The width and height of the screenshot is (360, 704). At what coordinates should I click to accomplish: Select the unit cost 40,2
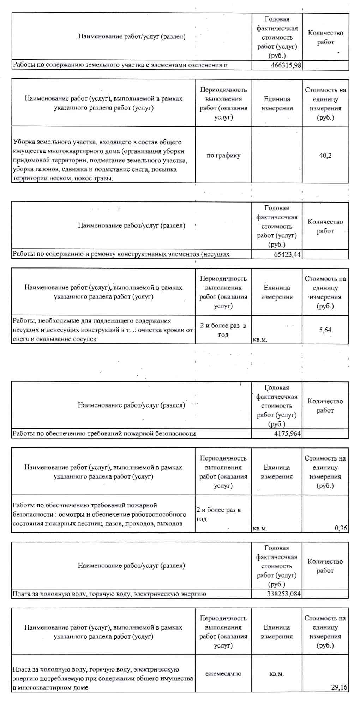tap(325, 155)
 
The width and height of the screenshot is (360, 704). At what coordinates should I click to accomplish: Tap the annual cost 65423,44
tap(287, 254)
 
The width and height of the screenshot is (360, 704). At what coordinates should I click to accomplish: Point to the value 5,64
tap(325, 330)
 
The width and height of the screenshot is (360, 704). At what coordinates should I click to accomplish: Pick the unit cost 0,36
tap(341, 528)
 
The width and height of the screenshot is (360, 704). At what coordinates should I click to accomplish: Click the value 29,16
tap(339, 687)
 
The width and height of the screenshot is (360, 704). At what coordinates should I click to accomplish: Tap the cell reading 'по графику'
tap(223, 155)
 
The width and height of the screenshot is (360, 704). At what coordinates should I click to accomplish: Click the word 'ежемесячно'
tap(223, 673)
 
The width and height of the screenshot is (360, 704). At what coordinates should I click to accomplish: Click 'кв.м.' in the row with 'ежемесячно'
tap(276, 673)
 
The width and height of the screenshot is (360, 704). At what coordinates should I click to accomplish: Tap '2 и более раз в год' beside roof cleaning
tap(223, 330)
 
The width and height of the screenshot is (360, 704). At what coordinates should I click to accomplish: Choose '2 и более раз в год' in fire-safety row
tap(218, 514)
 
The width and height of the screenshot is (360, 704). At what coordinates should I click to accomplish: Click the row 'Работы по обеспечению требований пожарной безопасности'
tap(104, 433)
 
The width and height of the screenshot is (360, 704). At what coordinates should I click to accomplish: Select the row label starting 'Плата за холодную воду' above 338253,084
tap(109, 594)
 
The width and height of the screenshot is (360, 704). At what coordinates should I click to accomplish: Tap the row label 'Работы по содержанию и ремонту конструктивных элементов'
tap(121, 254)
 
